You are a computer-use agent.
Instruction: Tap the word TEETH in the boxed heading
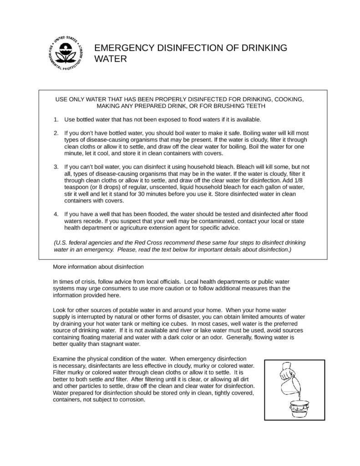tap(257, 106)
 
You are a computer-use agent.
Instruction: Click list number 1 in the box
tap(56, 120)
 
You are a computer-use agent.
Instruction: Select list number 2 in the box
tap(56, 134)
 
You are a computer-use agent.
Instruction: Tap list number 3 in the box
tap(56, 167)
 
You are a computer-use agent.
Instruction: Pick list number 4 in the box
tap(56, 213)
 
